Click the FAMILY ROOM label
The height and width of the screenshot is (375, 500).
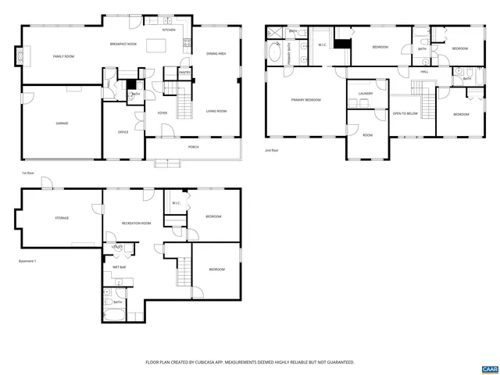tap(63, 57)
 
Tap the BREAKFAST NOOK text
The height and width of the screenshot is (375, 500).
tap(123, 45)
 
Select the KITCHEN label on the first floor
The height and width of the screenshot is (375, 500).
tap(169, 30)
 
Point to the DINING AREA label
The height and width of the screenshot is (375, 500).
tap(216, 54)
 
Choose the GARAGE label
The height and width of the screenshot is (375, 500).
tap(61, 123)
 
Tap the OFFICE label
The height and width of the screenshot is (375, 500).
tap(123, 132)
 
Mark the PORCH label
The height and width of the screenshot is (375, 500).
tap(193, 147)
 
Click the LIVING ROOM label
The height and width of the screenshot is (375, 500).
tap(216, 112)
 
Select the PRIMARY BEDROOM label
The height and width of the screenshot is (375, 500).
tap(306, 100)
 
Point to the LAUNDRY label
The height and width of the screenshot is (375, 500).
tap(366, 94)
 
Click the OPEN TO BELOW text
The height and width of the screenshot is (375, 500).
tap(405, 113)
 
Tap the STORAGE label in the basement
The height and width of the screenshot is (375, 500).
tap(61, 218)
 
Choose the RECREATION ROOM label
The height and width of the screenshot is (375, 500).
tap(136, 223)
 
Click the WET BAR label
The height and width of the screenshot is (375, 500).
tap(120, 267)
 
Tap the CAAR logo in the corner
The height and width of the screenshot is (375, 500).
tap(489, 367)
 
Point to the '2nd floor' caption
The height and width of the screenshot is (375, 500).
tap(271, 150)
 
